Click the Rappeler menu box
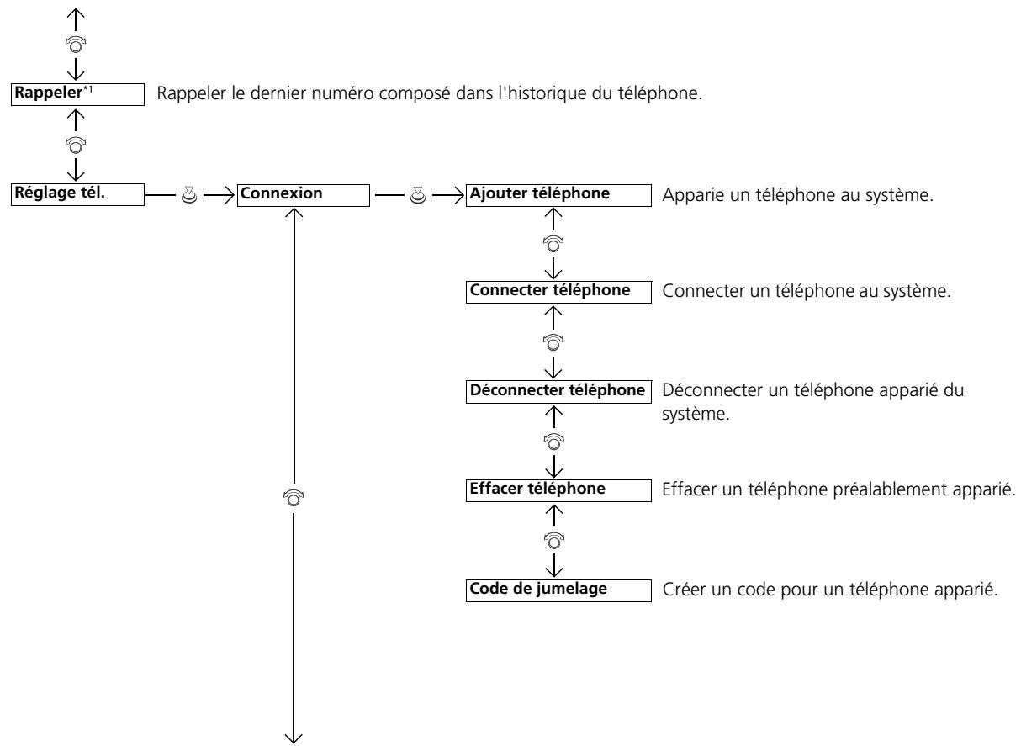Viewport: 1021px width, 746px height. [77, 94]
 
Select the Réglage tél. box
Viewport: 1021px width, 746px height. [77, 194]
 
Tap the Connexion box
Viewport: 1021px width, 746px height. [304, 195]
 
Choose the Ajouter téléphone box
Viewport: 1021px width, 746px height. [558, 195]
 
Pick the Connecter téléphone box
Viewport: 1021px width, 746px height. [558, 292]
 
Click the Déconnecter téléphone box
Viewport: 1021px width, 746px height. [558, 392]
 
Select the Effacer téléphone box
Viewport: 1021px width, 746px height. [558, 491]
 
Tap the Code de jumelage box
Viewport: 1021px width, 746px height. [558, 590]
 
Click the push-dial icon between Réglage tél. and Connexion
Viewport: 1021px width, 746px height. [189, 195]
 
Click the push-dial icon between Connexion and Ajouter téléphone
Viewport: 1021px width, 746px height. [418, 195]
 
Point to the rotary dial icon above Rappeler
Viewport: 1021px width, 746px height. [76, 45]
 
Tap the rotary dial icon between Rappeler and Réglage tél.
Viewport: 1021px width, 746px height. [76, 145]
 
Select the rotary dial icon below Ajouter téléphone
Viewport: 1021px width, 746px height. [553, 244]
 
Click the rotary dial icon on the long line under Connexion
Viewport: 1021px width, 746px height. [294, 498]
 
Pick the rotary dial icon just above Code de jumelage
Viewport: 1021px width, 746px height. [554, 541]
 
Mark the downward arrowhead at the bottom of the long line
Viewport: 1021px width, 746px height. [294, 738]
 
